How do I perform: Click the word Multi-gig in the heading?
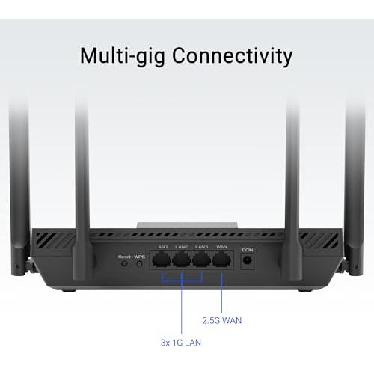coord(123,57)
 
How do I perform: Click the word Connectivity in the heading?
coord(232,56)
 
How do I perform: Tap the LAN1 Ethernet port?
coord(162,260)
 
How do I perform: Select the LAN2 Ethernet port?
coord(182,260)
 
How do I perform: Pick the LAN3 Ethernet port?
coord(201,260)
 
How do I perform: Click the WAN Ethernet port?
coord(221,260)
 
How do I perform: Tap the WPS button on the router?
coord(140,264)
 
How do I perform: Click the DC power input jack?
coord(248,260)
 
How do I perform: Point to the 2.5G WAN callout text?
coord(221,320)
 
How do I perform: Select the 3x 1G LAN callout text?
coord(181,343)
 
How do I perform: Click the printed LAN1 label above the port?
coord(162,247)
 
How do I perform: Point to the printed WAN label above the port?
coord(221,247)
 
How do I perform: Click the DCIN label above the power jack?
coord(248,250)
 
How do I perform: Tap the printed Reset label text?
coord(124,257)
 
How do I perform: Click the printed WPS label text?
coord(139,257)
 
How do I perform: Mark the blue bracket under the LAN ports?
coord(182,280)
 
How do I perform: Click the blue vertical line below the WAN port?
coord(221,292)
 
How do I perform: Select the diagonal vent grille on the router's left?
coord(55,240)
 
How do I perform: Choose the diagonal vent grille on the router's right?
coord(319,240)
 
